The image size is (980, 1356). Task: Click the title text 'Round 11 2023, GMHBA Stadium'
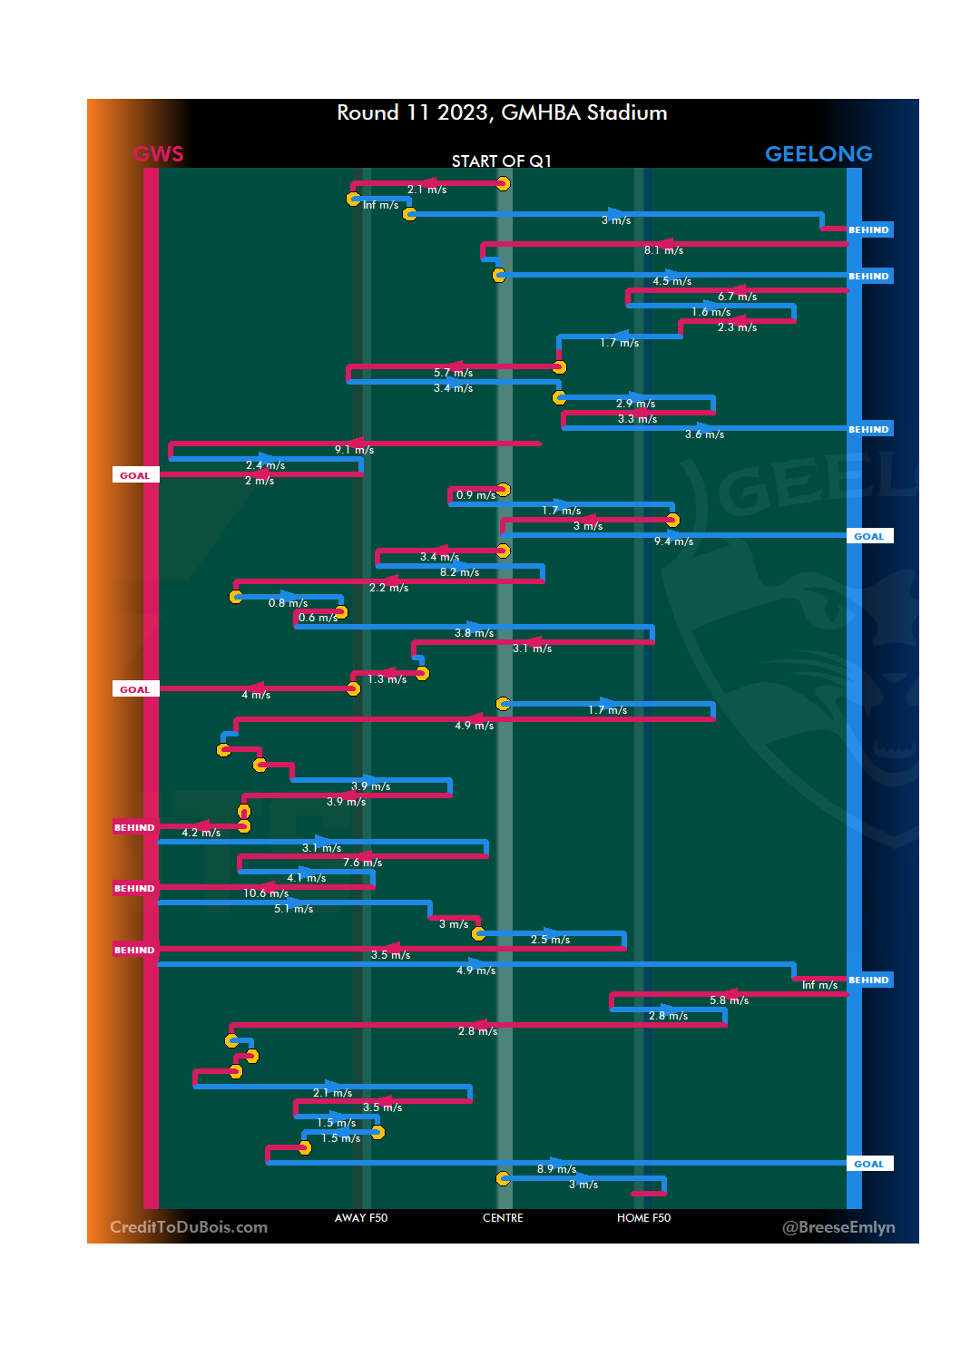pyautogui.click(x=502, y=113)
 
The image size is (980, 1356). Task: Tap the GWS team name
pyautogui.click(x=159, y=154)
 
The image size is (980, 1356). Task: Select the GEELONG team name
pyautogui.click(x=818, y=154)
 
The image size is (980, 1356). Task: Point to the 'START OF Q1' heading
pyautogui.click(x=502, y=161)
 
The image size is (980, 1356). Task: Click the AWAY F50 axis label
pyautogui.click(x=361, y=1218)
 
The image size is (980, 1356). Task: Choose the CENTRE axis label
pyautogui.click(x=503, y=1218)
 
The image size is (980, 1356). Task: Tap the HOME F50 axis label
pyautogui.click(x=643, y=1218)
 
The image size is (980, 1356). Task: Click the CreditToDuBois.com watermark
pyautogui.click(x=189, y=1227)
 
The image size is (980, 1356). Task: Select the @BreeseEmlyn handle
pyautogui.click(x=838, y=1227)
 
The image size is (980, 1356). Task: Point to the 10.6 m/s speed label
pyautogui.click(x=266, y=893)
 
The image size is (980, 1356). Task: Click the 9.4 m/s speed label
pyautogui.click(x=673, y=541)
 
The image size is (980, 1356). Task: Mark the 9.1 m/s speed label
pyautogui.click(x=354, y=450)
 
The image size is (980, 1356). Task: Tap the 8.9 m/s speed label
pyautogui.click(x=556, y=1169)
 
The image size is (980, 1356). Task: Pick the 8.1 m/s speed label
pyautogui.click(x=663, y=250)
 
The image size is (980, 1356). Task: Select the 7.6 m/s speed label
pyautogui.click(x=362, y=863)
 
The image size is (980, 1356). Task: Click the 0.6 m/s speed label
pyautogui.click(x=318, y=618)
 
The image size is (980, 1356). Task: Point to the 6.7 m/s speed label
pyautogui.click(x=737, y=297)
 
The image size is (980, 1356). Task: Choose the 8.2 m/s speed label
pyautogui.click(x=459, y=572)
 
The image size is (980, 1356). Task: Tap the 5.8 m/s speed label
pyautogui.click(x=729, y=1000)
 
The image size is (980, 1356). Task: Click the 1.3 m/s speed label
pyautogui.click(x=387, y=679)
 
